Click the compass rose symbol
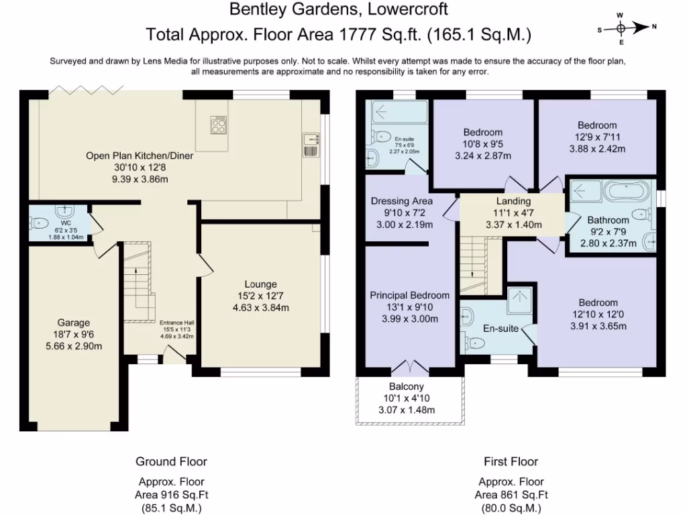click(x=621, y=27)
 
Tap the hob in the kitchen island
click(x=219, y=125)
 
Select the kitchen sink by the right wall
click(x=311, y=140)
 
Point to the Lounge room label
click(x=260, y=284)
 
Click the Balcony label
click(x=407, y=386)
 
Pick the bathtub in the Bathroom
click(x=627, y=192)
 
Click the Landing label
click(x=513, y=201)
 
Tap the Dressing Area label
click(x=401, y=201)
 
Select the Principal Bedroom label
click(x=410, y=295)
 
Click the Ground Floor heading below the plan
click(x=171, y=461)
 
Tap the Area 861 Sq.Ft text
click(x=511, y=495)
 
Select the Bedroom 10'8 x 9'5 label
click(x=482, y=132)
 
